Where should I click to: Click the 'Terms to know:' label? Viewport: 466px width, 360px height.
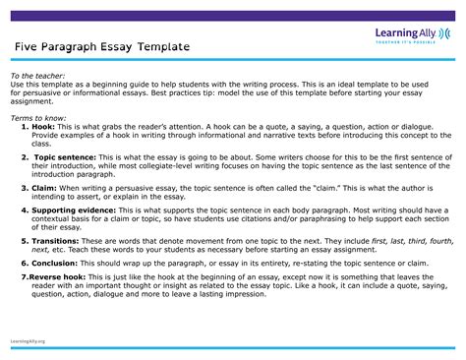[x=37, y=117]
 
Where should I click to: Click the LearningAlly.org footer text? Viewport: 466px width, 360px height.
[x=29, y=340]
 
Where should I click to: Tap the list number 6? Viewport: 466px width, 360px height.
[x=25, y=264]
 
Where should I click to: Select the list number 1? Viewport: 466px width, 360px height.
[x=25, y=127]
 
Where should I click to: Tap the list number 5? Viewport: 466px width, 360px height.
[x=25, y=239]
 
